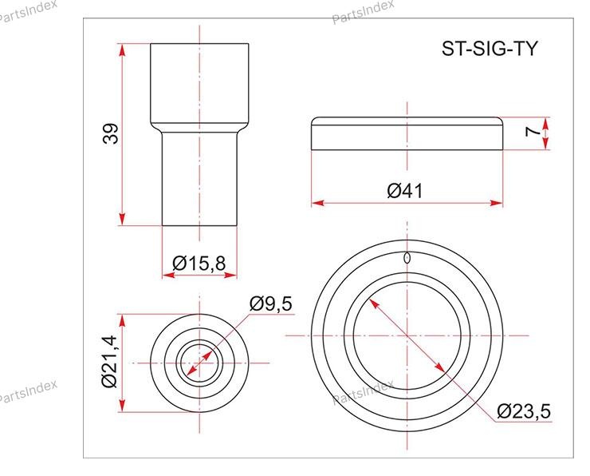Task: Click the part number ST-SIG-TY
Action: pyautogui.click(x=490, y=48)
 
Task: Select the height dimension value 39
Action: pyautogui.click(x=111, y=133)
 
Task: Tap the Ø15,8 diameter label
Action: pyautogui.click(x=199, y=263)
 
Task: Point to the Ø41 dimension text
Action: pyautogui.click(x=405, y=190)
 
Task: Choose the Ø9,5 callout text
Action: pyautogui.click(x=270, y=303)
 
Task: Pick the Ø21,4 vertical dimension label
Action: pyautogui.click(x=110, y=362)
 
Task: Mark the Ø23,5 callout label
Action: pyautogui.click(x=523, y=411)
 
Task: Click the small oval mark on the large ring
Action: pyautogui.click(x=407, y=258)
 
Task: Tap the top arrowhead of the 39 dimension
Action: pyautogui.click(x=121, y=50)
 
